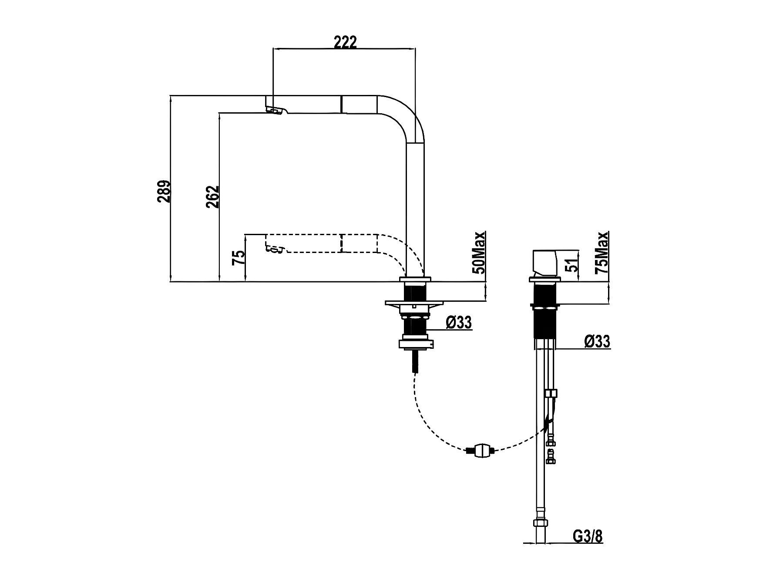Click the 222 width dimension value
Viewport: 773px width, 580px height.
click(x=345, y=42)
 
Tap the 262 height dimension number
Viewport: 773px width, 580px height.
click(x=212, y=197)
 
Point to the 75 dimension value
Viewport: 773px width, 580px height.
click(x=239, y=258)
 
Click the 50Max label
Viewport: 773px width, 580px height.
click(x=479, y=252)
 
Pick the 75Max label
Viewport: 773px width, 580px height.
click(x=602, y=252)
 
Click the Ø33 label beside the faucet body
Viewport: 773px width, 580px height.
click(x=459, y=323)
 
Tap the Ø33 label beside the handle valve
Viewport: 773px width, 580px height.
click(x=597, y=341)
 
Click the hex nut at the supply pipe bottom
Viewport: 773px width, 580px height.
click(x=540, y=523)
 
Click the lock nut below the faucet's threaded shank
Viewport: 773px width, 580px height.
click(x=417, y=344)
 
